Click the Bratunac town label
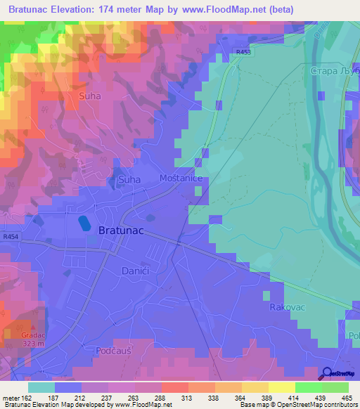121,229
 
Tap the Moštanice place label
181,179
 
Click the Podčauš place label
112,349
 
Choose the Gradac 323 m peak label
32,339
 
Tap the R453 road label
244,52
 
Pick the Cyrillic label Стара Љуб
334,72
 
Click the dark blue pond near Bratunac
84,223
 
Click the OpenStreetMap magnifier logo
328,374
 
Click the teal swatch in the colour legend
41,387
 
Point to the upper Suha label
90,96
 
